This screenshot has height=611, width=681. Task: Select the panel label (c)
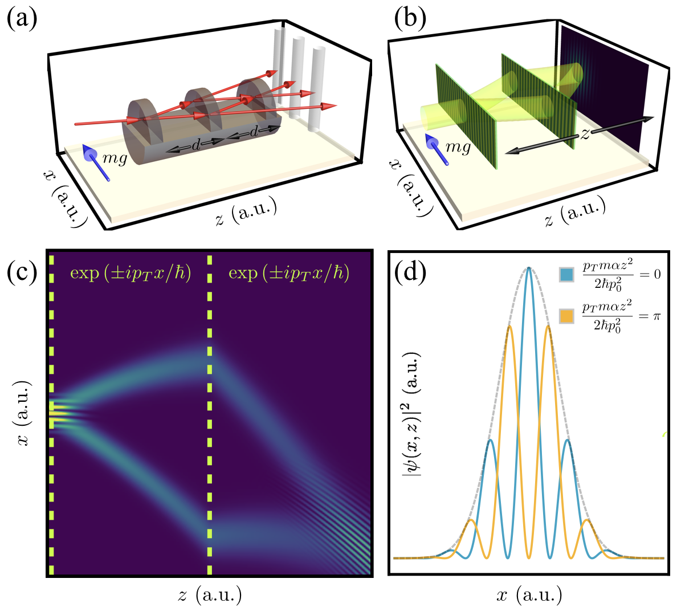click(x=22, y=273)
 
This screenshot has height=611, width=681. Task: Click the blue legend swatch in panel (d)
click(x=567, y=275)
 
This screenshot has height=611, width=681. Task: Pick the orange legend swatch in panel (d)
click(x=567, y=315)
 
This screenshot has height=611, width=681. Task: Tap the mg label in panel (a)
click(x=115, y=158)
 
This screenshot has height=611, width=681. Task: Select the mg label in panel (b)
click(x=458, y=148)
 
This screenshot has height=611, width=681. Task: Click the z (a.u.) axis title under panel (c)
click(x=210, y=596)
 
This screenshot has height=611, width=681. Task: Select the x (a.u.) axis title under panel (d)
click(x=529, y=596)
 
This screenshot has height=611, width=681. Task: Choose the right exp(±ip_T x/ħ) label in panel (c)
click(x=289, y=273)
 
